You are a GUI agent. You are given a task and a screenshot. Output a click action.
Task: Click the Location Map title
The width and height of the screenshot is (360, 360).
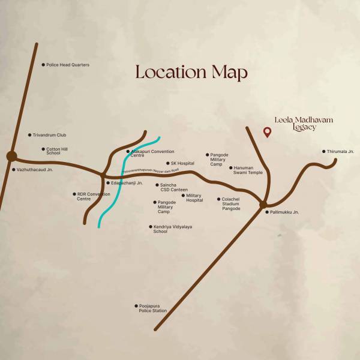tap(191, 73)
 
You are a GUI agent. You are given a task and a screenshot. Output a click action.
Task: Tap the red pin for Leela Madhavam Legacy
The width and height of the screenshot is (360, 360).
tap(268, 133)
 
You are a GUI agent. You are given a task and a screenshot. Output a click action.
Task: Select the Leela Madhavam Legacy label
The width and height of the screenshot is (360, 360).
tap(304, 123)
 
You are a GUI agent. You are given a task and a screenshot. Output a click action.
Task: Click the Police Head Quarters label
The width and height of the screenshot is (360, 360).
tap(68, 65)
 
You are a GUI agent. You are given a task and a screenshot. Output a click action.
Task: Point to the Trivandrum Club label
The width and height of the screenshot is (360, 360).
tap(49, 135)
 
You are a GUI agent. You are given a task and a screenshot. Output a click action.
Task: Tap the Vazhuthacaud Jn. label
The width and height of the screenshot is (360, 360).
tap(35, 170)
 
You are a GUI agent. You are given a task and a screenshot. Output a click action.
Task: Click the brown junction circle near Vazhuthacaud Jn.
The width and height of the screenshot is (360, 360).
tap(11, 157)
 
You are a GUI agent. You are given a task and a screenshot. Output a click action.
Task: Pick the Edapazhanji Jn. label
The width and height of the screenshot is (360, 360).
tap(127, 182)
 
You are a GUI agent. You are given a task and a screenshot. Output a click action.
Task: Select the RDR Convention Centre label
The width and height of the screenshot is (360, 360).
tap(93, 196)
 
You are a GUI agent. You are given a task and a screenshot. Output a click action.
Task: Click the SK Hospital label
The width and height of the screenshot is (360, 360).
tap(182, 163)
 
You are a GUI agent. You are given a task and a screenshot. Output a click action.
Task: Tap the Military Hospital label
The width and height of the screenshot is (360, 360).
tap(194, 197)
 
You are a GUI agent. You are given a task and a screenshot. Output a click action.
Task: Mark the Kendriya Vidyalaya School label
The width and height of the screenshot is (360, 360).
tap(172, 229)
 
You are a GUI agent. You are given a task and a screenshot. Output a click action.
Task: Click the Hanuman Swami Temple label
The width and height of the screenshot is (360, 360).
tap(248, 170)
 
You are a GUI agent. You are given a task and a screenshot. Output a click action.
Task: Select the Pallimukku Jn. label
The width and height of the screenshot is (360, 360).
tap(284, 212)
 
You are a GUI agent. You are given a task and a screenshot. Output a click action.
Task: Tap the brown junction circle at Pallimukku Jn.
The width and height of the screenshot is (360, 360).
tap(263, 205)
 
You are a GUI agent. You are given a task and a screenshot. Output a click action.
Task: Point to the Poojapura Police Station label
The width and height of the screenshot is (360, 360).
tap(152, 308)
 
